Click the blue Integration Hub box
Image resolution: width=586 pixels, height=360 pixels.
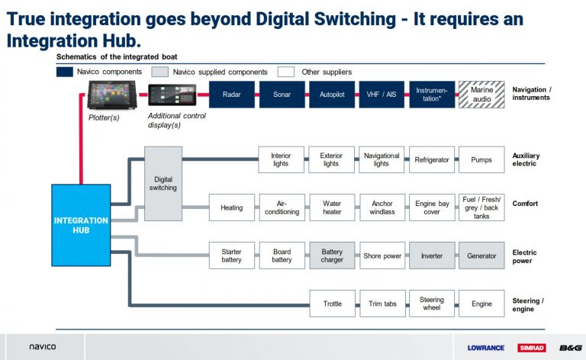point(81,225)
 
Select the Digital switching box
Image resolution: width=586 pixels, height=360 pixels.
point(163,183)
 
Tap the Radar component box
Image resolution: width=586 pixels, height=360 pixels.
point(232,95)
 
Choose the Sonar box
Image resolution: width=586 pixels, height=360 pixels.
point(282,95)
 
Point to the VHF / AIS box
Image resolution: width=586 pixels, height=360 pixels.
point(382,95)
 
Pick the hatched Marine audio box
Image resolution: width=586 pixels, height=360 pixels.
point(481,95)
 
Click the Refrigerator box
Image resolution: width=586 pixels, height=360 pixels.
point(432,160)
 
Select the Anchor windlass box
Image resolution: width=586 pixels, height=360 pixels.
point(382,207)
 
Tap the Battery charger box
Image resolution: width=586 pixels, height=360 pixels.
point(332,256)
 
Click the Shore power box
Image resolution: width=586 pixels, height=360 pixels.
point(382,256)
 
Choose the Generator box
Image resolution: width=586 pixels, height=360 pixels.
point(481,256)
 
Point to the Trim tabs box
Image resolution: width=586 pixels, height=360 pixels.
point(382,304)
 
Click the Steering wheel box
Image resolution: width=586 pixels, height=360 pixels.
point(432,304)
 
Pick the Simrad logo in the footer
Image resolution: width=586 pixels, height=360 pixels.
point(531,347)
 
